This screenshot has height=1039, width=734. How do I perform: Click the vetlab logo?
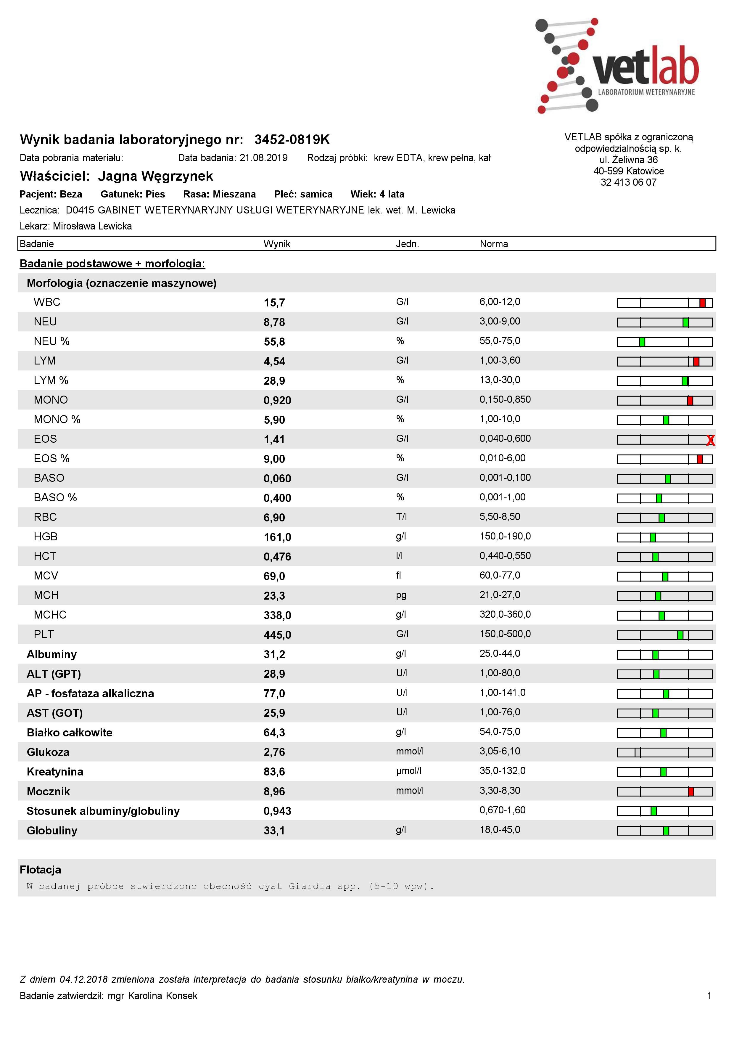click(x=618, y=66)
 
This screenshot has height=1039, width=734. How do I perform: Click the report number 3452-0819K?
click(x=292, y=140)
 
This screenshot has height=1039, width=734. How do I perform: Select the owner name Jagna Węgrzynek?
click(x=156, y=176)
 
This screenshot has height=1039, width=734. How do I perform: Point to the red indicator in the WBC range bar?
click(x=702, y=303)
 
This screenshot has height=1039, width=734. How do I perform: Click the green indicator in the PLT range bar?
click(x=680, y=635)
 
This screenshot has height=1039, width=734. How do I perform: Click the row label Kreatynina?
click(x=55, y=772)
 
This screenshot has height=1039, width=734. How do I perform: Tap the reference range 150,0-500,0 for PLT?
click(x=505, y=634)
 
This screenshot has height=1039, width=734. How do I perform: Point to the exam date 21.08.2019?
click(x=264, y=158)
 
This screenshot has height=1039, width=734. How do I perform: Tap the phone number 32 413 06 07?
click(x=628, y=182)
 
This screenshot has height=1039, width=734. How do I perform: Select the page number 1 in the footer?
click(x=709, y=995)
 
